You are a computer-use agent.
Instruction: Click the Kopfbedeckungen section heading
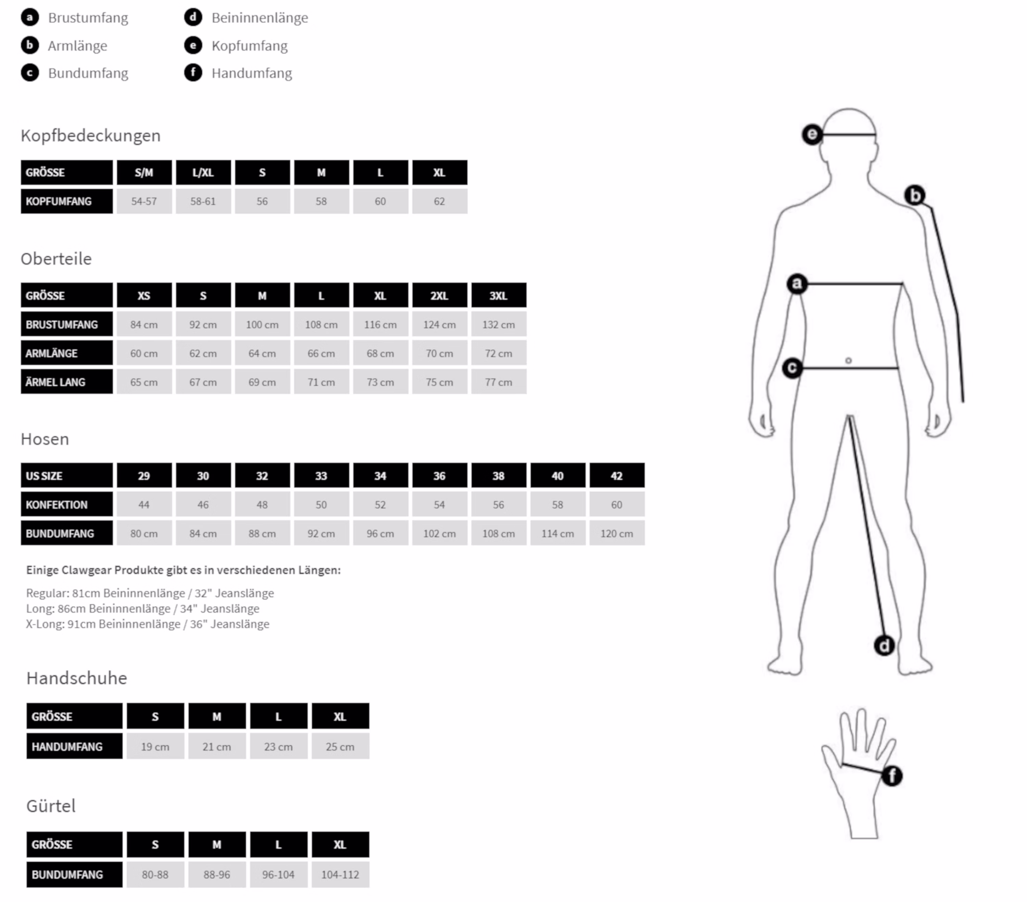[90, 136]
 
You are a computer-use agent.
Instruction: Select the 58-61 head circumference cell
[203, 202]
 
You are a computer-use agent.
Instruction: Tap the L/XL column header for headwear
[203, 173]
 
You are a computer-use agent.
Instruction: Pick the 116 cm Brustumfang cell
[380, 324]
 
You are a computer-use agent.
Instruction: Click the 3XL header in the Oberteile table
[498, 295]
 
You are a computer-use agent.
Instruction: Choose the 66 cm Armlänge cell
[321, 353]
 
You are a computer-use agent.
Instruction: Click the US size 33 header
[321, 476]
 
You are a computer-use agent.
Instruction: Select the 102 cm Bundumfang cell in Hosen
[440, 533]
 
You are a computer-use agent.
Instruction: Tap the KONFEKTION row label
[67, 504]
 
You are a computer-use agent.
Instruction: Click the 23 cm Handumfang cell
[278, 746]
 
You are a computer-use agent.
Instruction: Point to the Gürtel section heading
[51, 806]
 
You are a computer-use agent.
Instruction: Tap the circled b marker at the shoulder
[915, 195]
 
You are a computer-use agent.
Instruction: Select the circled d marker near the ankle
[884, 645]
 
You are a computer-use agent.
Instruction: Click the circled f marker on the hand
[892, 776]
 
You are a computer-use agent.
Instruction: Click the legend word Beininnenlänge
[260, 18]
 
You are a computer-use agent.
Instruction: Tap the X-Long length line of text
[148, 624]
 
